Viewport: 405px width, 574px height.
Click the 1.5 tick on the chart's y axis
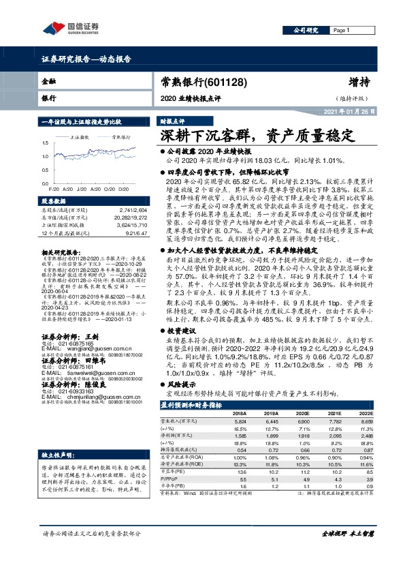pyautogui.click(x=46, y=143)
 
